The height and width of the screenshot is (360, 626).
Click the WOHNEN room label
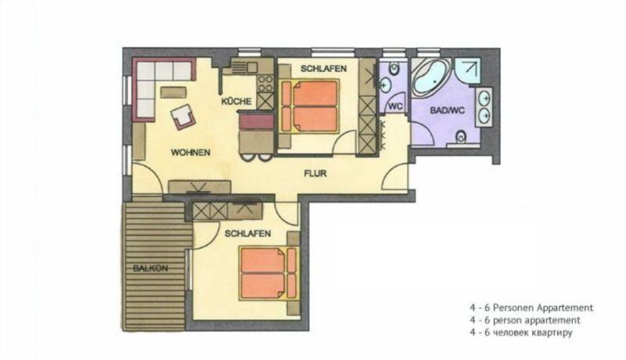(190, 153)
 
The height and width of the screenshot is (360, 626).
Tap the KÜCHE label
(236, 102)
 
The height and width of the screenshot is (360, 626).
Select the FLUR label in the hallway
(315, 174)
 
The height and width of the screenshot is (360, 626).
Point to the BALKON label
(150, 268)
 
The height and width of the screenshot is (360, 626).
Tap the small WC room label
(395, 106)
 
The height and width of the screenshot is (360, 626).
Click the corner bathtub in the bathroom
(431, 77)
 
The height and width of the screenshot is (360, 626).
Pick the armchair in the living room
(183, 117)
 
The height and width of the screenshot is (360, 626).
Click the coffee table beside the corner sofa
(173, 92)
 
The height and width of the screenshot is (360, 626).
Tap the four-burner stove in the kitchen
(265, 84)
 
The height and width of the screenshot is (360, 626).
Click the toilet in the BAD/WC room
(461, 137)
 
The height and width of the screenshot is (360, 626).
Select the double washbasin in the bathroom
(484, 107)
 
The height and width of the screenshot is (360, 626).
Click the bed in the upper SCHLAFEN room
(309, 106)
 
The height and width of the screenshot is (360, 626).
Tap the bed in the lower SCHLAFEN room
(269, 273)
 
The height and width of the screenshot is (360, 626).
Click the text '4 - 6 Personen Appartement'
(531, 308)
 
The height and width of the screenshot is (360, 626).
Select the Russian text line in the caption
(521, 333)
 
